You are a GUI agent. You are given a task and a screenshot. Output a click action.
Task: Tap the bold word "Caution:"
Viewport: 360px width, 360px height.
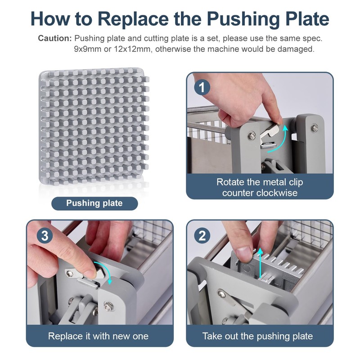tap(55, 38)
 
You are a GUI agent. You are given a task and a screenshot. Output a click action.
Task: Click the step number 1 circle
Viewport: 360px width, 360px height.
tap(202, 87)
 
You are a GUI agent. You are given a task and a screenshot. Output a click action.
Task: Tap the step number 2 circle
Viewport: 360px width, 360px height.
tap(202, 235)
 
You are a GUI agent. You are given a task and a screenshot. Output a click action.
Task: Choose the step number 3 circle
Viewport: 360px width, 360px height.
tap(45, 235)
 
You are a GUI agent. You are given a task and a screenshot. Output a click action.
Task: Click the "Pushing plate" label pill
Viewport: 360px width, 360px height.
tap(94, 203)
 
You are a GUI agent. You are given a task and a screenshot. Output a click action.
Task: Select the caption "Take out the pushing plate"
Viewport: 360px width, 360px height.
tap(257, 336)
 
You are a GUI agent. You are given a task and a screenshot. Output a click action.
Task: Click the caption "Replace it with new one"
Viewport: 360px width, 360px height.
tap(98, 336)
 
